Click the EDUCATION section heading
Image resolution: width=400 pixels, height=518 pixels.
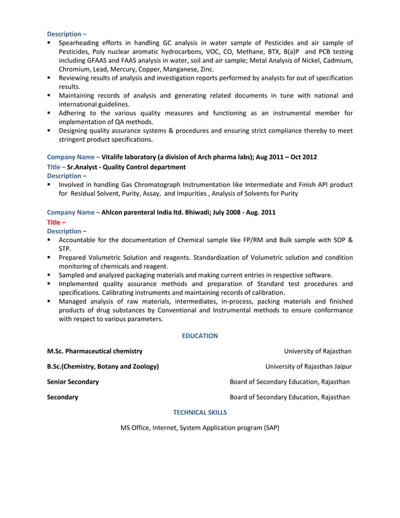[199, 336]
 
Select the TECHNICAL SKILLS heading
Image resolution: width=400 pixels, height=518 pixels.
[199, 412]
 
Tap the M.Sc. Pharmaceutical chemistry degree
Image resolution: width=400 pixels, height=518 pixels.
[95, 351]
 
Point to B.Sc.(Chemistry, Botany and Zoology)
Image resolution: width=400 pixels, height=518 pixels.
[103, 366]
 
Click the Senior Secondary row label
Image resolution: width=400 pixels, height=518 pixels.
[73, 381]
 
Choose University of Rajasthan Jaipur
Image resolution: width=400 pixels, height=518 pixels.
[308, 366]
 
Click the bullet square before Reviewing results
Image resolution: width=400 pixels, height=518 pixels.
[49, 78]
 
